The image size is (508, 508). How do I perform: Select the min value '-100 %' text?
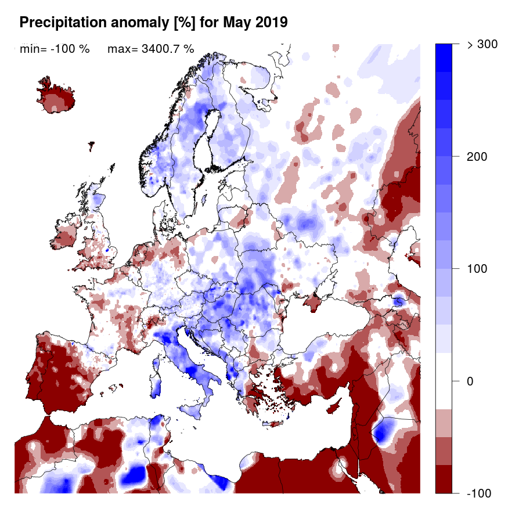pos(70,49)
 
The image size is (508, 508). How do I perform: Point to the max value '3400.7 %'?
pos(167,49)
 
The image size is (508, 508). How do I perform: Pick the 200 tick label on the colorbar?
pos(476,157)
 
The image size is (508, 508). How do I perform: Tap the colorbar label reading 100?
pos(476,269)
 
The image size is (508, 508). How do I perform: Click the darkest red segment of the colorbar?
pos(444,479)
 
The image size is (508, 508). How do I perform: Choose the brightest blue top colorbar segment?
pos(444,57)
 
